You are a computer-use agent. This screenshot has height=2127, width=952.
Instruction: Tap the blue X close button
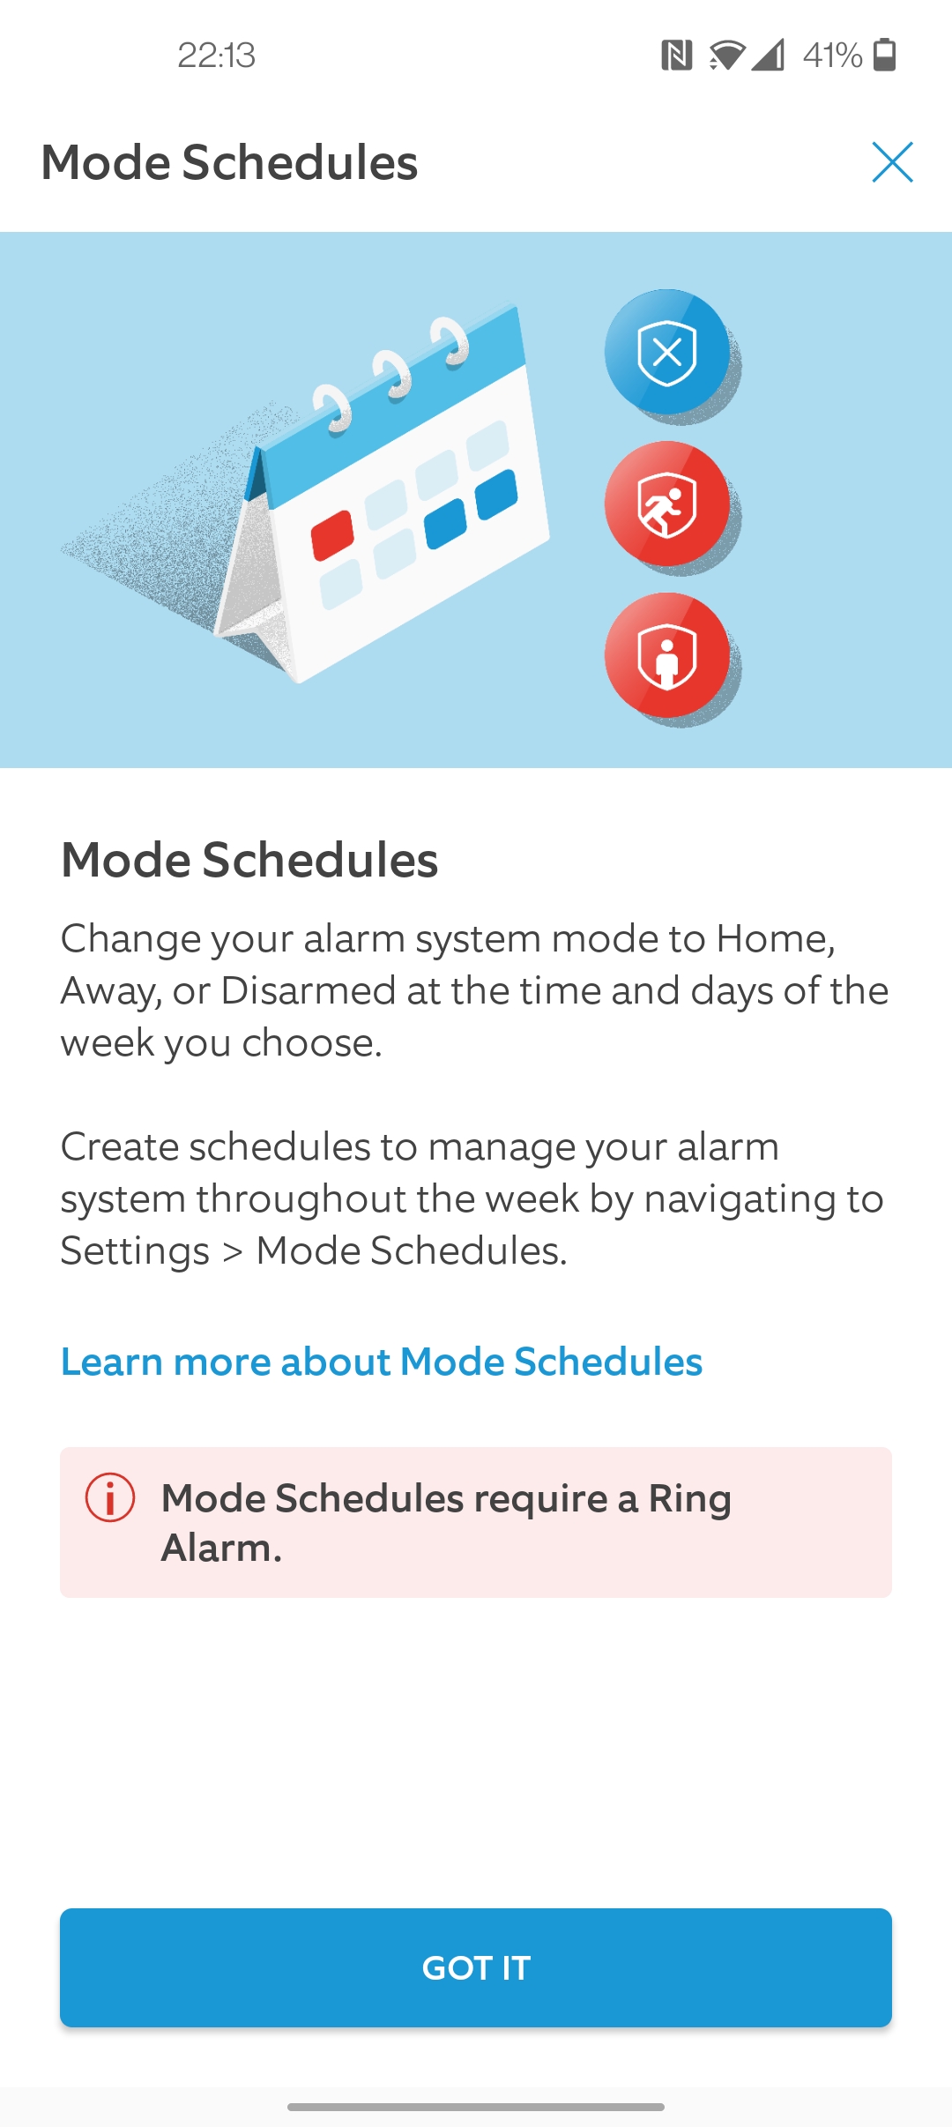click(x=892, y=162)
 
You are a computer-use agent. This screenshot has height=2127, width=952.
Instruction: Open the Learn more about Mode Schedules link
click(x=382, y=1362)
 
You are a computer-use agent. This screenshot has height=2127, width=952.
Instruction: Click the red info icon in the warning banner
click(x=110, y=1497)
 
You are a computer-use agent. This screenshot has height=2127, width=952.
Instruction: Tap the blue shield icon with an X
click(x=667, y=352)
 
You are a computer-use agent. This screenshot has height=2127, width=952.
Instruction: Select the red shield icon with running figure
click(x=667, y=504)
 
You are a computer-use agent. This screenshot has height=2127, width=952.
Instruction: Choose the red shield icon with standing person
click(x=667, y=655)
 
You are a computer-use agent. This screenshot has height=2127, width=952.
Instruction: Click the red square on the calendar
click(x=332, y=535)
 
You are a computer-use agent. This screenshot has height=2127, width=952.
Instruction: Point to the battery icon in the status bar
click(x=884, y=55)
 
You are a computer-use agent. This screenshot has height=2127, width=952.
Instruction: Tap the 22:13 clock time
click(x=216, y=56)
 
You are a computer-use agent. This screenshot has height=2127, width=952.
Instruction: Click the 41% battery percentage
click(x=832, y=56)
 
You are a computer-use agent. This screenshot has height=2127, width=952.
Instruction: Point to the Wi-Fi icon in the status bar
click(x=726, y=56)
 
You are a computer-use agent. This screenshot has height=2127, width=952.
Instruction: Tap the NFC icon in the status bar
click(x=677, y=56)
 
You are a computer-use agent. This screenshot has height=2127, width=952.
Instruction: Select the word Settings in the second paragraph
click(x=135, y=1250)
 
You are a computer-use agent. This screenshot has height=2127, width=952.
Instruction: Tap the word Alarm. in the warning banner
click(x=221, y=1548)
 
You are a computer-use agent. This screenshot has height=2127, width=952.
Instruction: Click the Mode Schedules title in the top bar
click(x=229, y=162)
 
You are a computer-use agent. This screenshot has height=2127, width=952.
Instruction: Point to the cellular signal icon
click(x=767, y=56)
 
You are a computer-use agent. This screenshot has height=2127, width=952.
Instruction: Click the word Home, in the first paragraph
click(x=776, y=938)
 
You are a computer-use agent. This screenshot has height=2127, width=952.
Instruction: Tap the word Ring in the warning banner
click(x=690, y=1498)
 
